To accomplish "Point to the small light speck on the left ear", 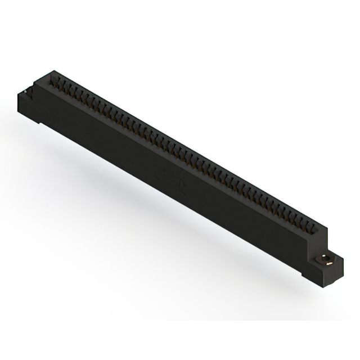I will pyautogui.click(x=26, y=89).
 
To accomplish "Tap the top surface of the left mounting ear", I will pyautogui.click(x=29, y=89).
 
